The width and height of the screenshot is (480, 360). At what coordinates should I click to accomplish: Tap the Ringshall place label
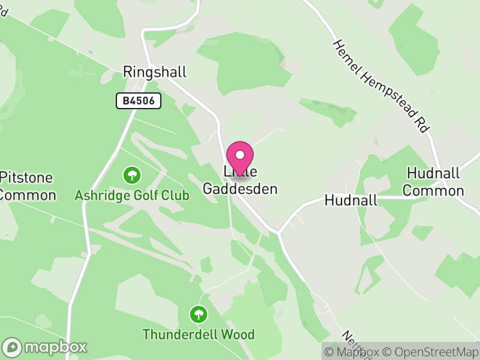pyautogui.click(x=155, y=72)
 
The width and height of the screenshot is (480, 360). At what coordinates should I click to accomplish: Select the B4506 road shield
pyautogui.click(x=139, y=101)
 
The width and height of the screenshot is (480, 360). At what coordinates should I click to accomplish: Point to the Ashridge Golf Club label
pyautogui.click(x=132, y=195)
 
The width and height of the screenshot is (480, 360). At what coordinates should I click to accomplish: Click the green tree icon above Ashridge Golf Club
pyautogui.click(x=132, y=175)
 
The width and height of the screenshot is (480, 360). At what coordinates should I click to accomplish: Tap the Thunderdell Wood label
pyautogui.click(x=199, y=334)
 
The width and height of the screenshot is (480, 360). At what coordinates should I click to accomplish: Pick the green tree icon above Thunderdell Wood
pyautogui.click(x=198, y=314)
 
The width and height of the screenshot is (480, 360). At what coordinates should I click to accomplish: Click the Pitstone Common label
pyautogui.click(x=26, y=186)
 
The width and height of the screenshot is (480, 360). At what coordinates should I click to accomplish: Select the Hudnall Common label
pyautogui.click(x=434, y=182)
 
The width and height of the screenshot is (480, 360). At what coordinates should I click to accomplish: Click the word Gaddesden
pyautogui.click(x=240, y=189)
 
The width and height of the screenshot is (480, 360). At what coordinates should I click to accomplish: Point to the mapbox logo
pyautogui.click(x=46, y=347)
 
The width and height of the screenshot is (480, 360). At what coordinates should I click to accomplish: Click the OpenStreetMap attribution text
pyautogui.click(x=430, y=352)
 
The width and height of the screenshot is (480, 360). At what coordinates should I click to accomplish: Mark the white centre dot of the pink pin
pyautogui.click(x=240, y=154)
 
